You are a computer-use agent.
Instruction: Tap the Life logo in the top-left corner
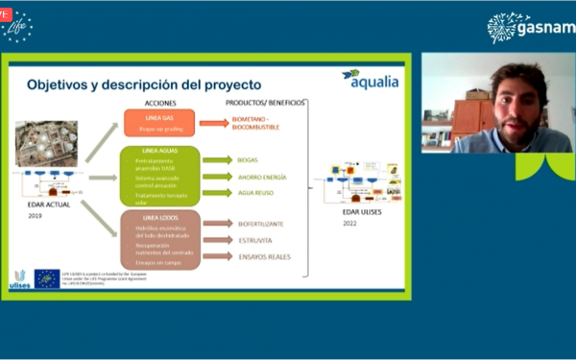[x=18, y=26]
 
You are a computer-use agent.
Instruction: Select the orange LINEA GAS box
[x=158, y=123]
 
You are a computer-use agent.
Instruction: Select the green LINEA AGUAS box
[x=159, y=176]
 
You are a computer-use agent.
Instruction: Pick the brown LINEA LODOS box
[x=159, y=239]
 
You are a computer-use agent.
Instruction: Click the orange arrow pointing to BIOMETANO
[x=213, y=123]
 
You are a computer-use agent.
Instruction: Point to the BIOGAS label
[x=248, y=160]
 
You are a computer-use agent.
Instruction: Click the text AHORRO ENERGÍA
[x=262, y=177]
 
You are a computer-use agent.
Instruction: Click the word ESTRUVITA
[x=254, y=239]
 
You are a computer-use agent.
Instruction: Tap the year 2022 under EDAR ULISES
[x=350, y=222]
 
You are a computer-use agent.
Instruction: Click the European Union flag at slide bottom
[x=47, y=278]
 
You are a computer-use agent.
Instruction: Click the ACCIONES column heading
[x=159, y=102]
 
